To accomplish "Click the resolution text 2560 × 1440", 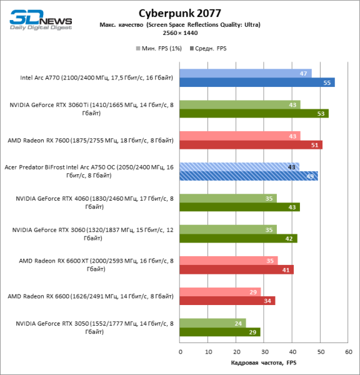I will [179, 32].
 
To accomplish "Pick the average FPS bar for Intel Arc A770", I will [257, 82].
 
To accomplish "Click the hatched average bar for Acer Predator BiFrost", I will [249, 176].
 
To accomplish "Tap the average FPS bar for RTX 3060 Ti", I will [254, 114].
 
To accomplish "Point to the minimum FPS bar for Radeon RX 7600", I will [240, 136].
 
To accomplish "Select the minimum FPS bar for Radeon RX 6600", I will [220, 292].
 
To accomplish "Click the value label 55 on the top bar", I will [327, 82].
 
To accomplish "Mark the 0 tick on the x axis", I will [180, 352].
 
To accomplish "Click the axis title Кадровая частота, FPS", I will [264, 363].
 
